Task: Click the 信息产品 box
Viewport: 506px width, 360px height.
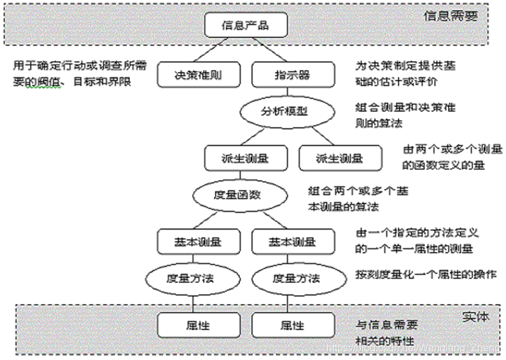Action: click(x=246, y=26)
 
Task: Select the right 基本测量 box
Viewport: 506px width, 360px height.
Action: click(x=292, y=242)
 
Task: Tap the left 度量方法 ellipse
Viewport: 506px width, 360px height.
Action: click(x=188, y=278)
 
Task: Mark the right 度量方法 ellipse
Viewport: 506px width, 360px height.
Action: click(x=295, y=278)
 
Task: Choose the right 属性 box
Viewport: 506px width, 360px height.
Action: click(x=292, y=325)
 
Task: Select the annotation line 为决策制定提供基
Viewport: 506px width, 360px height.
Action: click(x=405, y=66)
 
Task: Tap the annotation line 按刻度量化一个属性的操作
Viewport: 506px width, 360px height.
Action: click(x=426, y=273)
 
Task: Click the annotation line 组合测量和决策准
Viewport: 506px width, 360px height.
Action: click(x=405, y=107)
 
